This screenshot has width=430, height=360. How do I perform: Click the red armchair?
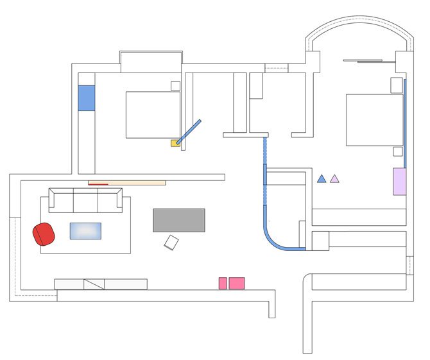coord(44,234)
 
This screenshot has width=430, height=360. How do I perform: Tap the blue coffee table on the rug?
coord(85,231)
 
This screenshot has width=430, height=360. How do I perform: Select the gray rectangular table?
coord(179,220)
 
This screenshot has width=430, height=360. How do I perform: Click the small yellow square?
coord(174,143)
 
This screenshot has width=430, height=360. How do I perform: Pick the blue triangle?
coord(322,179)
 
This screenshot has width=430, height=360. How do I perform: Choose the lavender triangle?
coord(334,179)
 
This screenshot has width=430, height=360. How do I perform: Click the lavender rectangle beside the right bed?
coord(399,182)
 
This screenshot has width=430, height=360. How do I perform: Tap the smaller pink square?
coord(223,283)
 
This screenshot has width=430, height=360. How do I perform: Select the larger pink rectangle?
coord(237,283)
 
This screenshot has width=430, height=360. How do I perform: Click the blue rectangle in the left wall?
coord(87,98)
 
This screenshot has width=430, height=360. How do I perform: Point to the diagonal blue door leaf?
coord(189,132)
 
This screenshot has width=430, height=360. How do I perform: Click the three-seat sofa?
coord(85,201)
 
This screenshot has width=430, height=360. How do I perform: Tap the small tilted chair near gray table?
coord(171,243)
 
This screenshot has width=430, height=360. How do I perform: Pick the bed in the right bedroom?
coord(374,120)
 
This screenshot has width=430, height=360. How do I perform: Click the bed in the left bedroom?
coord(153,115)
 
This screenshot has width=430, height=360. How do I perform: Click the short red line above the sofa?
coord(98,184)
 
